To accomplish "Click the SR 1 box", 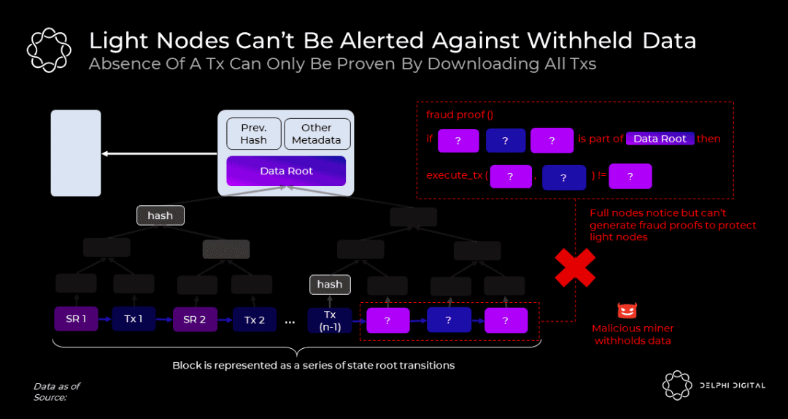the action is click(76, 319).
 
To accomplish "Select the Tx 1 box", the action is click(134, 319).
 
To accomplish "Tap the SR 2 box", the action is click(195, 320).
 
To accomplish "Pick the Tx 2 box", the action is click(255, 320).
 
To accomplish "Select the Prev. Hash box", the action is click(254, 134).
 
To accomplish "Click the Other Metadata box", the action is click(317, 134).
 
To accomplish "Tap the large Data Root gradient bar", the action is click(286, 171).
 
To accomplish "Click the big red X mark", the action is click(575, 268).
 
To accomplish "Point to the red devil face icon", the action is click(627, 310).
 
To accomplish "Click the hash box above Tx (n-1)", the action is click(330, 285).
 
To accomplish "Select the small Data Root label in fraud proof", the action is click(660, 139).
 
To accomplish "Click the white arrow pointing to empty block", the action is click(159, 153).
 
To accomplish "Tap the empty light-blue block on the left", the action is click(76, 153).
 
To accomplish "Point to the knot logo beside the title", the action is click(49, 50).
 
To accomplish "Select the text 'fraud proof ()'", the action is click(460, 114).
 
